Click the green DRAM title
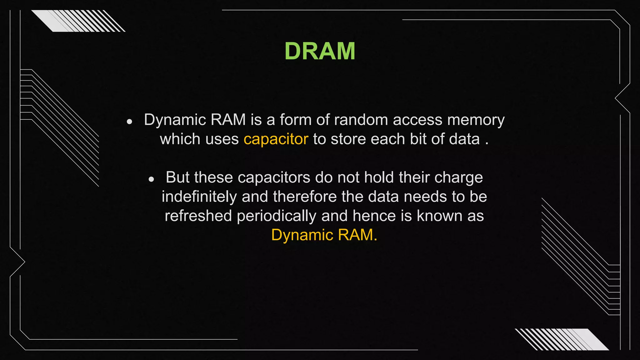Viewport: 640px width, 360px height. (320, 51)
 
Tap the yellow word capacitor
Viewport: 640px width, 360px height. (276, 139)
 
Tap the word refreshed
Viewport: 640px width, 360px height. (198, 216)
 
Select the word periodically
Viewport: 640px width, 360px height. (277, 216)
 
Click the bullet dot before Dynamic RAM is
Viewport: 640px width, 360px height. (130, 122)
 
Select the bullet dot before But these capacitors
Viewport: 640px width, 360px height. (152, 179)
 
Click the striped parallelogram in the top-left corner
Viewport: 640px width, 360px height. (78, 21)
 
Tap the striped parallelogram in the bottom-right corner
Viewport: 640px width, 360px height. (562, 339)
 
